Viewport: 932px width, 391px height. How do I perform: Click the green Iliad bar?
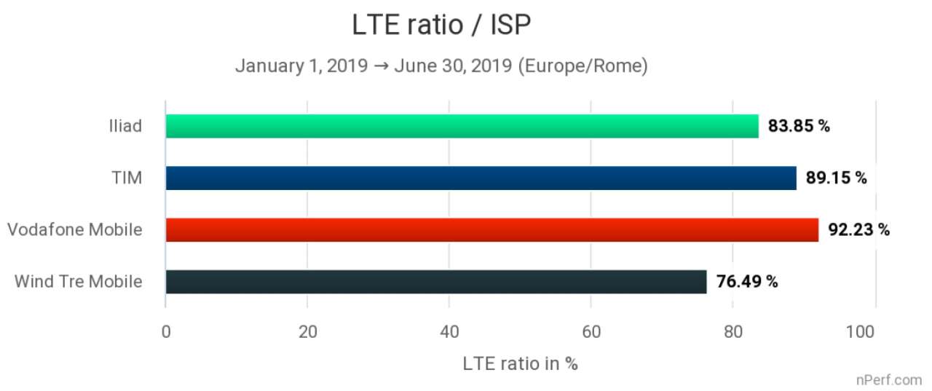(x=462, y=126)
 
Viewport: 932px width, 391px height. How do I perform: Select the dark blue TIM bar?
(x=481, y=178)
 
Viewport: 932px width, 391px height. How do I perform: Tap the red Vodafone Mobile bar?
(x=491, y=229)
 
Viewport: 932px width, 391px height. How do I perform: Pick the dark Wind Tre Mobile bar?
(x=435, y=282)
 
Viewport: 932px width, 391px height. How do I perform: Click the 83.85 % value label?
(x=799, y=126)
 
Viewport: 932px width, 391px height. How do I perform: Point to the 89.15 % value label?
(x=836, y=178)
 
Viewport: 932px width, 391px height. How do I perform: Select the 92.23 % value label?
(x=858, y=229)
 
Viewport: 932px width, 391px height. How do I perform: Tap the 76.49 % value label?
(x=747, y=282)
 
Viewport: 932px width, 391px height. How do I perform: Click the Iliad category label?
(x=122, y=126)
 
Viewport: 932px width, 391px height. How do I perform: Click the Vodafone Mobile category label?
(x=74, y=230)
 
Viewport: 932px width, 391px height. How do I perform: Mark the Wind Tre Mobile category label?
(x=78, y=282)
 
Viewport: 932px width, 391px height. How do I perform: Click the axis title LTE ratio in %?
(x=520, y=363)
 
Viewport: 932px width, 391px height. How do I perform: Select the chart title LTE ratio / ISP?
(x=441, y=25)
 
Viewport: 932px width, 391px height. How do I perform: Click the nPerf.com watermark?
(x=889, y=379)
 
